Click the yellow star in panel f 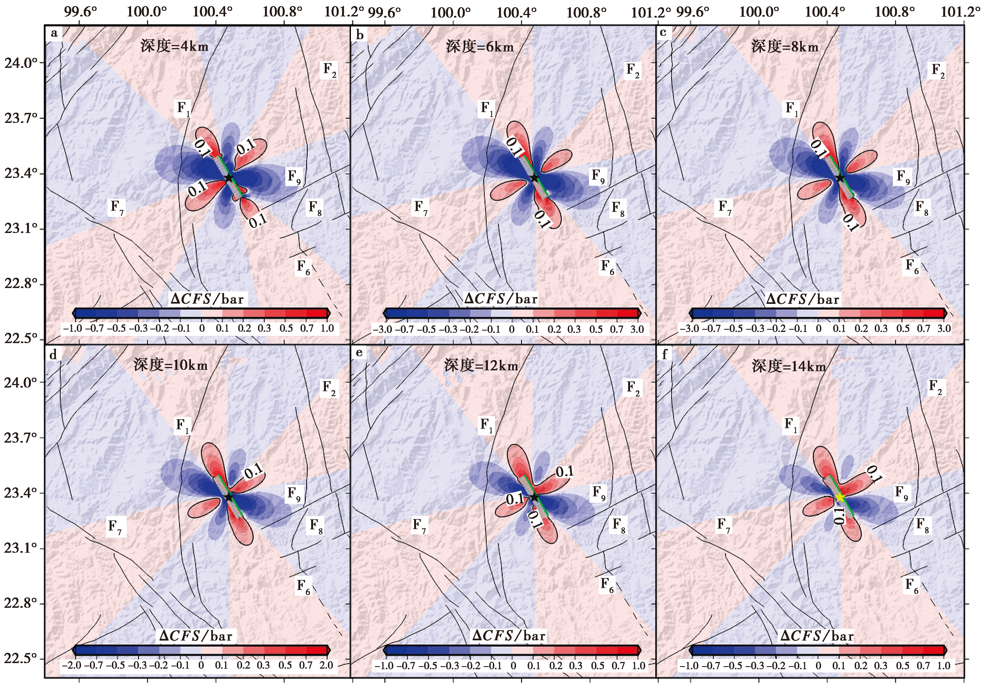(840, 497)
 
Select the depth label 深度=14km (789, 366)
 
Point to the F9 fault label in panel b (598, 176)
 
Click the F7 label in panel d (115, 526)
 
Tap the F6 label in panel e (607, 584)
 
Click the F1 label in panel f (791, 425)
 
